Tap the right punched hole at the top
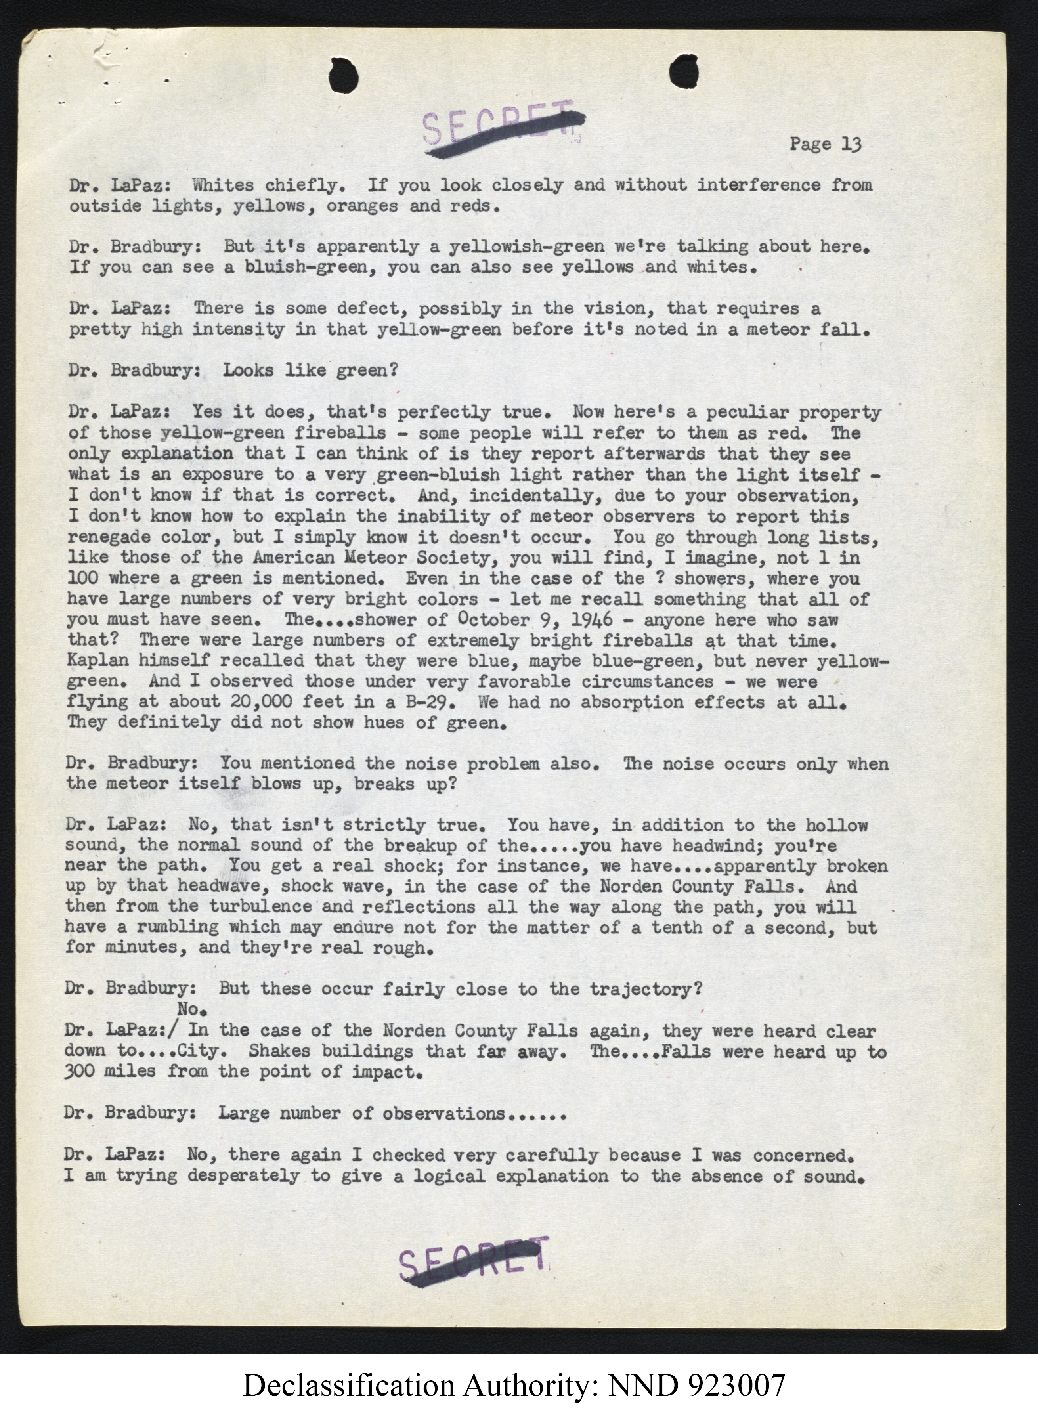(684, 72)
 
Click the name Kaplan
(97, 661)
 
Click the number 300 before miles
(78, 1072)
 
